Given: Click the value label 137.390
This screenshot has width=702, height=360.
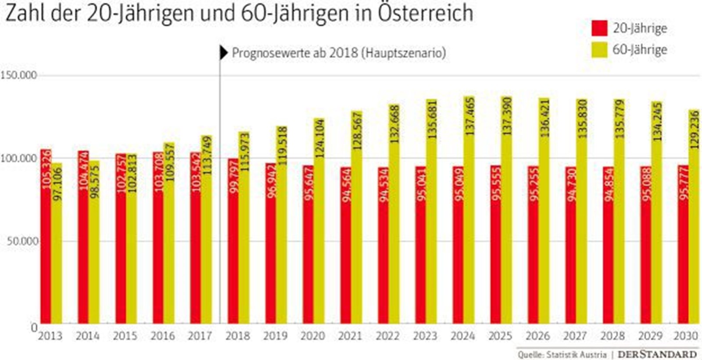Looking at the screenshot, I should (507, 116).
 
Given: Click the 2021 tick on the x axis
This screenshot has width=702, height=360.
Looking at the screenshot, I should (350, 336).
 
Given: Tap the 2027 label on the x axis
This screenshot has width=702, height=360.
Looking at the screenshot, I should (575, 336).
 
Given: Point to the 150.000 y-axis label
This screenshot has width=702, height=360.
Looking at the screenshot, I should (18, 76).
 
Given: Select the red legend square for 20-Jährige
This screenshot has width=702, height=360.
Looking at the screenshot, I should (599, 28).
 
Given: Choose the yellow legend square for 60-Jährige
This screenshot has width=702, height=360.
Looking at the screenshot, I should (599, 50).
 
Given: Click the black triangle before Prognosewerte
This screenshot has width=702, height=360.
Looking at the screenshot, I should (224, 53).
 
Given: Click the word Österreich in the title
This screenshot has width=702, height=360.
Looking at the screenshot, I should (425, 13).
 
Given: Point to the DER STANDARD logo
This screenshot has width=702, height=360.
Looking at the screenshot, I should (657, 354).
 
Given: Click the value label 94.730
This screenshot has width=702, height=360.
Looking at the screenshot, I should (571, 184).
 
